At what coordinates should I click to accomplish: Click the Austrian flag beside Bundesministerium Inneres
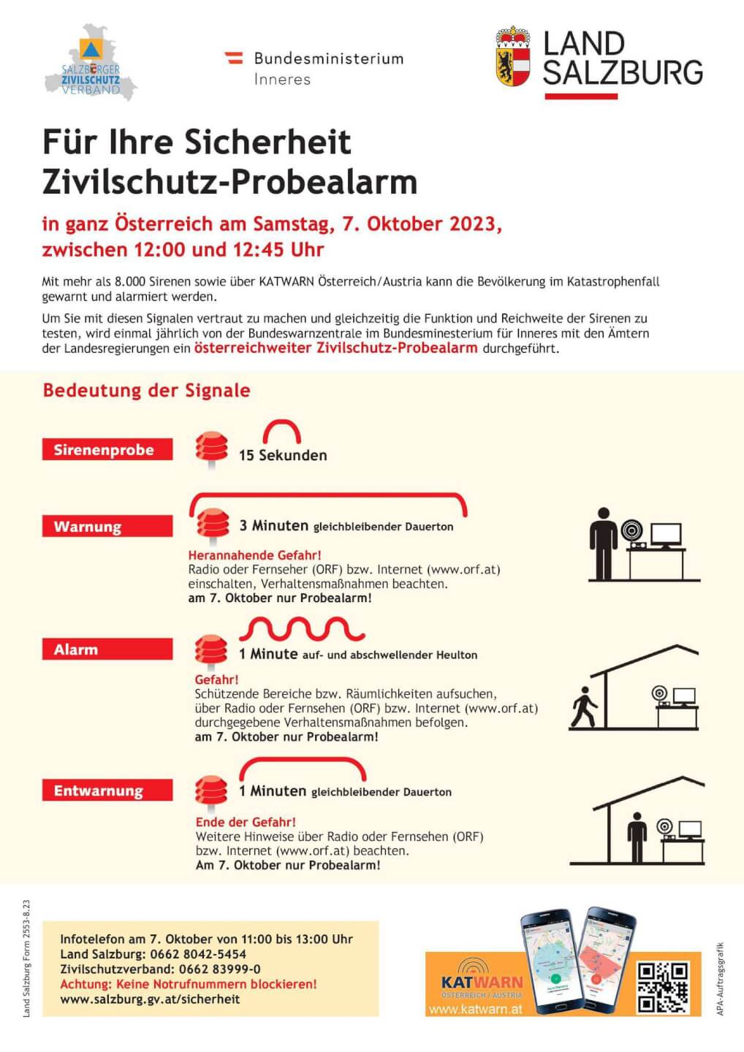pos(234,58)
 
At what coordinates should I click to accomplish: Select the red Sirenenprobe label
pos(107,449)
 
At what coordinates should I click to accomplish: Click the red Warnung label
pos(107,526)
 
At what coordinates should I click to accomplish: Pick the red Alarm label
pos(107,649)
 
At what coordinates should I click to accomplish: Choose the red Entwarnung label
pos(107,790)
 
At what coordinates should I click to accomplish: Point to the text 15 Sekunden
pos(283,455)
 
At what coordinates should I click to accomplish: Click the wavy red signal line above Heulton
pos(302,628)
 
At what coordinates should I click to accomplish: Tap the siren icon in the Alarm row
pos(211,650)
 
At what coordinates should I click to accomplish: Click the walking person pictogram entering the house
pos(584,706)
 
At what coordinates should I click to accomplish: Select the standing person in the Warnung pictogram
pos(604,544)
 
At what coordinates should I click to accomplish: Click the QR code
pos(663,987)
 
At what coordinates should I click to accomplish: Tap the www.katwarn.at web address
pos(475,1009)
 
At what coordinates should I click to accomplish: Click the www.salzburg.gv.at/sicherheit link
pos(150,999)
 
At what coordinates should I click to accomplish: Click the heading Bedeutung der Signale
pos(146,390)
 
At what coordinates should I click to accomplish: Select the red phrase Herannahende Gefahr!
pos(254,555)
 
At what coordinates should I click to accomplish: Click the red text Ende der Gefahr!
pos(246,822)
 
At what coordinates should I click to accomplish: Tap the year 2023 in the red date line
pos(473,224)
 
